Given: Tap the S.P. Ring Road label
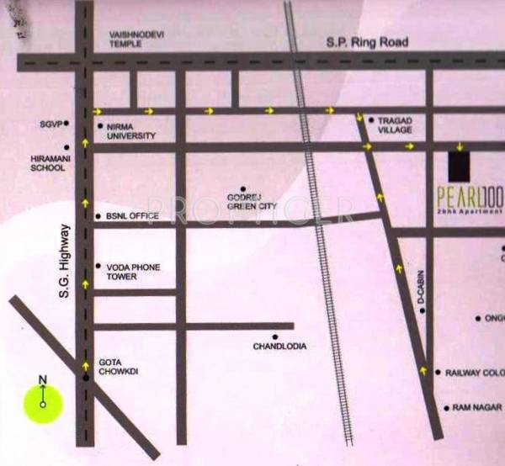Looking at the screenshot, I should (x=368, y=42).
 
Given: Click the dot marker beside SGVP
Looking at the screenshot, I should (x=66, y=124).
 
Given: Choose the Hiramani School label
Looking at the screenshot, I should (x=47, y=162).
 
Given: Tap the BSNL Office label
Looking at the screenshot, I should (x=132, y=216).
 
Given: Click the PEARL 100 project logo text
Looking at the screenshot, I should (x=470, y=199).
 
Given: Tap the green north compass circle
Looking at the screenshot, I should (x=43, y=403).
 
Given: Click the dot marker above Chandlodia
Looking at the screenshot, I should (x=274, y=336).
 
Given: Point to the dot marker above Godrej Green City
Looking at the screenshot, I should (x=243, y=189).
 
